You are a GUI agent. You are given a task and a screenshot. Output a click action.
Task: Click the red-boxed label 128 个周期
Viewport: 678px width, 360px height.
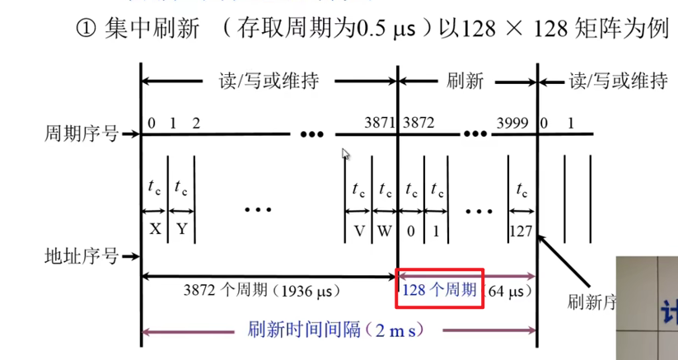point(439,289)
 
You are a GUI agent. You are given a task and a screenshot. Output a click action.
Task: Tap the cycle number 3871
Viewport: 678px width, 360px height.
point(380,123)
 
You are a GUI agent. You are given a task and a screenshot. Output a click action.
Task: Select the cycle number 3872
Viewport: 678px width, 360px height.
point(418,123)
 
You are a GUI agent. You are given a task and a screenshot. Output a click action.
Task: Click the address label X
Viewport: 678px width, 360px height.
point(155,230)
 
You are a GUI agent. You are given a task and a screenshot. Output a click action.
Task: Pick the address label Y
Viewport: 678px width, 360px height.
point(180,230)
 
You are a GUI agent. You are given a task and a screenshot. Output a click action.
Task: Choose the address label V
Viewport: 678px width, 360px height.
point(359,230)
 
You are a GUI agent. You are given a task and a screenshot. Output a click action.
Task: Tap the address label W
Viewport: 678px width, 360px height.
point(385,230)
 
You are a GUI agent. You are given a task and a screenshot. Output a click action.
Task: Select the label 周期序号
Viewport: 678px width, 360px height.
point(79,132)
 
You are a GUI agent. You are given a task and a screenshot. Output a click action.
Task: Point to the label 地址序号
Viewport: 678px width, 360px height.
point(79,256)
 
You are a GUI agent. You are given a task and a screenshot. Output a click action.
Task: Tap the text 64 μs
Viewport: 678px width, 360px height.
point(508,290)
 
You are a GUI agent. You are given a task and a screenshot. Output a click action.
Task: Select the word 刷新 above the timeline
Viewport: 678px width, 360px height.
point(465,81)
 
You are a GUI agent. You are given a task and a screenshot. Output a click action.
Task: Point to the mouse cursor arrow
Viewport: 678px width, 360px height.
point(346,153)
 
